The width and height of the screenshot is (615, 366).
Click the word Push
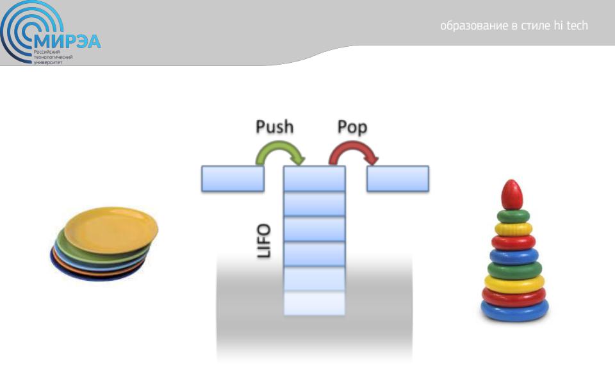pos(275,127)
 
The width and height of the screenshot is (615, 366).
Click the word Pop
pos(352,128)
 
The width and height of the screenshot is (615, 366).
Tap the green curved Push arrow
pos(279,149)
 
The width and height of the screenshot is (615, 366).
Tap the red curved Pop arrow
pos(353,149)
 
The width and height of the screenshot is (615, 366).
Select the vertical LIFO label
pos(263,240)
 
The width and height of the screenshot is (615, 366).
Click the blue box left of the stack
pos(233,178)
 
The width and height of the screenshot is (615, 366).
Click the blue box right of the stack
pos(398,178)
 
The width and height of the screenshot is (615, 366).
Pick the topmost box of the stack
pos(315,178)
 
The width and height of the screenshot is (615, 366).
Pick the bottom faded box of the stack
pos(315,303)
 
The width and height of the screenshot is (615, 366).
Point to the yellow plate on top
pos(111,230)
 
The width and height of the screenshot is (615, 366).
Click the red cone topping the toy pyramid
pos(512,195)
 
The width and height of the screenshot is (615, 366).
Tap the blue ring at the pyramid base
pos(514,311)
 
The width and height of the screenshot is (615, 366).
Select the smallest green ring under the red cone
pos(513,216)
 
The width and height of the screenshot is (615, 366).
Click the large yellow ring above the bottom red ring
pos(514,283)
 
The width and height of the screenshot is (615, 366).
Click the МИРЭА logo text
pos(67,41)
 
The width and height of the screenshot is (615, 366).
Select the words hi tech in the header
pos(571,26)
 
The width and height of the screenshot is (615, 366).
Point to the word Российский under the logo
pos(47,52)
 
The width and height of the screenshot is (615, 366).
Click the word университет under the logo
pos(48,62)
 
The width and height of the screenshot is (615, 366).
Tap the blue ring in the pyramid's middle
pos(514,256)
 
